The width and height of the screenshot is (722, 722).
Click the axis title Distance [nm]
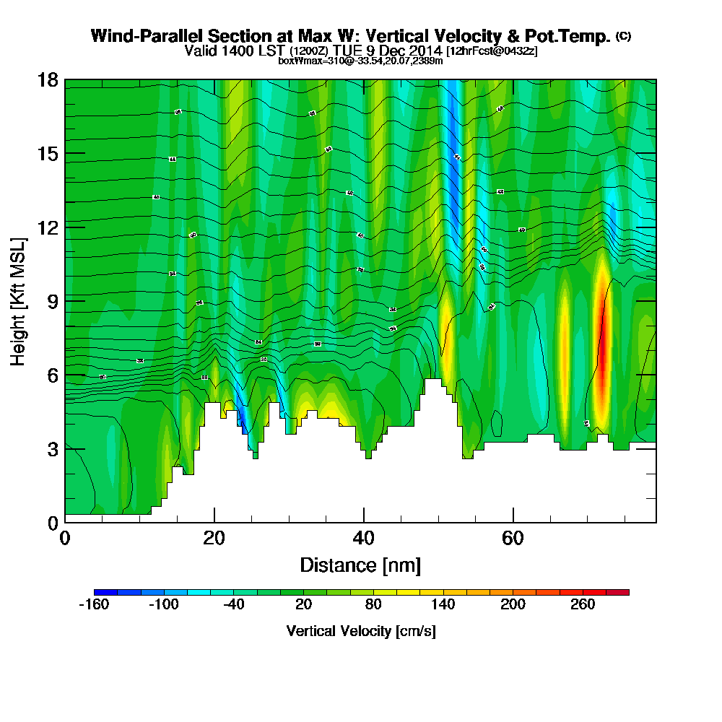click(360, 564)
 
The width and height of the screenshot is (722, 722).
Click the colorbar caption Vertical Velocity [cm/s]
click(360, 631)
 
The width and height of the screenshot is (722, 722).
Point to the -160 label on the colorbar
click(93, 604)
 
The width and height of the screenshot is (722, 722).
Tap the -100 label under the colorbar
click(163, 604)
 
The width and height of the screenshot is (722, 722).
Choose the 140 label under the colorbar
click(443, 604)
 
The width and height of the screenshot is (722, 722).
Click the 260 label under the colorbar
click(583, 604)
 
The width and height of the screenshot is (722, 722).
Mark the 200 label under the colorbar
click(513, 604)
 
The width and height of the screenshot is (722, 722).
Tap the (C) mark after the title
click(623, 36)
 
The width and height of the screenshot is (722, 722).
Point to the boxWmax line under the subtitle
click(360, 61)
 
